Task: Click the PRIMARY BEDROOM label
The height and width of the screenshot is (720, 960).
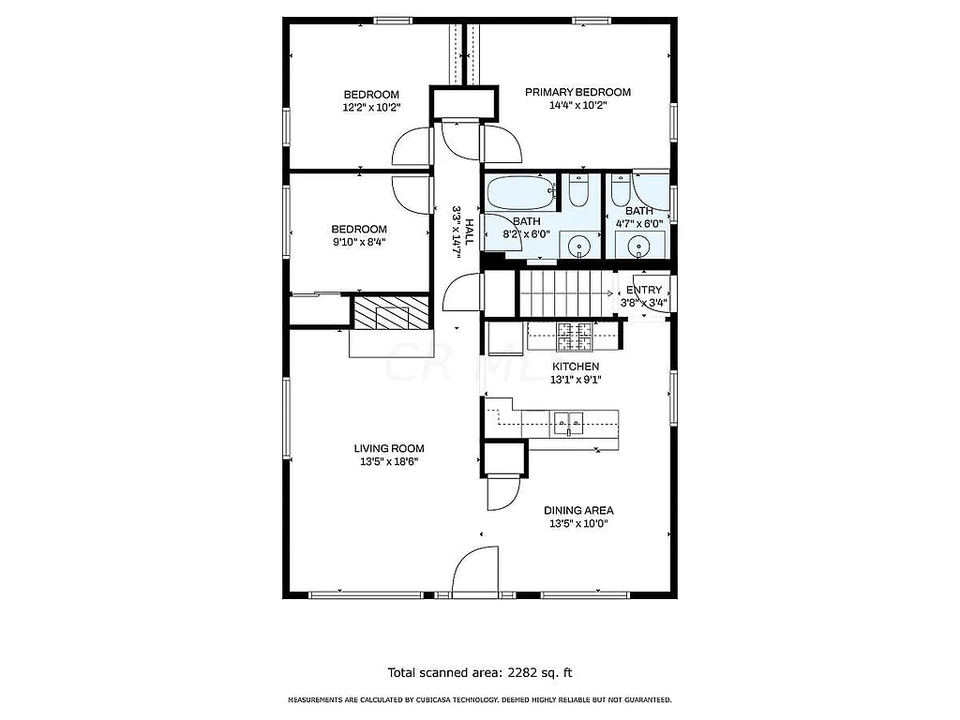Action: tap(577, 92)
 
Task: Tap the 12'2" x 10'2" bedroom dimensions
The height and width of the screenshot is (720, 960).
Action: tap(371, 107)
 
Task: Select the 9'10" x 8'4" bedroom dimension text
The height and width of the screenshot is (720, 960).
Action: tap(358, 242)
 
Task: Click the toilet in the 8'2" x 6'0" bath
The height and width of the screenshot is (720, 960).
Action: tap(577, 192)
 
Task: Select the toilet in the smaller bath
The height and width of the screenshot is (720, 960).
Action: tap(620, 191)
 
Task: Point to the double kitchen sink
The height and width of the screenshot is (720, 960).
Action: tap(569, 423)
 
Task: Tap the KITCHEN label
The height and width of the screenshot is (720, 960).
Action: tap(576, 367)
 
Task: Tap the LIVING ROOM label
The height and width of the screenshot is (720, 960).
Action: tap(389, 448)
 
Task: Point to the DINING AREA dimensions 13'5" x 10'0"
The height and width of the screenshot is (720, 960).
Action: tap(578, 524)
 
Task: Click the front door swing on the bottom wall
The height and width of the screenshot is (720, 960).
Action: tap(477, 570)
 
